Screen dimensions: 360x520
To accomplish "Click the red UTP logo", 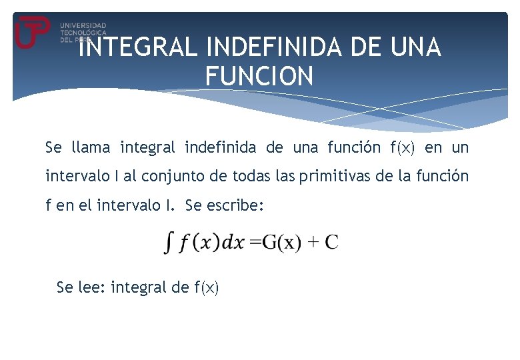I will (32, 31).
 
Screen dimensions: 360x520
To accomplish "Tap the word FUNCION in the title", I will (259, 76).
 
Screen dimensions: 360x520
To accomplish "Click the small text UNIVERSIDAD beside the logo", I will (83, 25).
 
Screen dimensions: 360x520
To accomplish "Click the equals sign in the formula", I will (255, 242).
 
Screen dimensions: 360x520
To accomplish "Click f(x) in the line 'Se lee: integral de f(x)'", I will (206, 288).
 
